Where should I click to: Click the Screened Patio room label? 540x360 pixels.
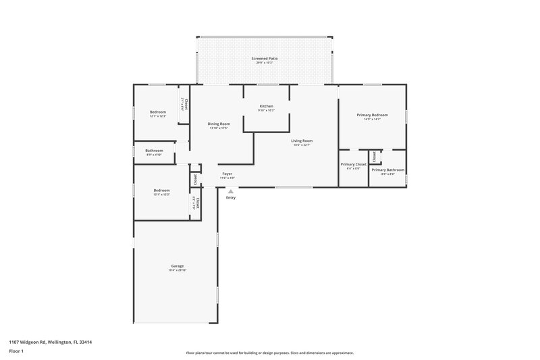point(265,59)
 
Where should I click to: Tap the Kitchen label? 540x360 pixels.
point(266,107)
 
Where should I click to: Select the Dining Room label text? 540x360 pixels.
point(219,124)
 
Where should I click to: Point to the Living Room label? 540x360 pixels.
point(302,140)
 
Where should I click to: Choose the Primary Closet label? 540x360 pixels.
point(353,164)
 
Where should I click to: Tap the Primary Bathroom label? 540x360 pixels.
point(387,170)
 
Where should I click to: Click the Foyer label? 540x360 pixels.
point(227,174)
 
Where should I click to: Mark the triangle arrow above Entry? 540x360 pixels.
point(231,191)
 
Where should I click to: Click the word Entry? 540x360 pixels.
point(231,197)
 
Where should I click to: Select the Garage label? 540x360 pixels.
point(177,266)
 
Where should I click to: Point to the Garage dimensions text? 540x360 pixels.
point(177,270)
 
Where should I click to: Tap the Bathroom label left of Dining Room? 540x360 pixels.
point(154,151)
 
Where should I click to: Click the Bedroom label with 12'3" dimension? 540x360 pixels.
point(157,112)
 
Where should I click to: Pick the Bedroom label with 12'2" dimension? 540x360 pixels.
point(161,190)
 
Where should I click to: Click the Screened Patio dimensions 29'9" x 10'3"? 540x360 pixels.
point(265,63)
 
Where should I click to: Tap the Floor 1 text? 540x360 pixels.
point(16,351)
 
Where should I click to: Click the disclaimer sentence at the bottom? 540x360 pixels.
point(269,353)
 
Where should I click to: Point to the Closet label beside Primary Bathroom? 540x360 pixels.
point(375,157)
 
